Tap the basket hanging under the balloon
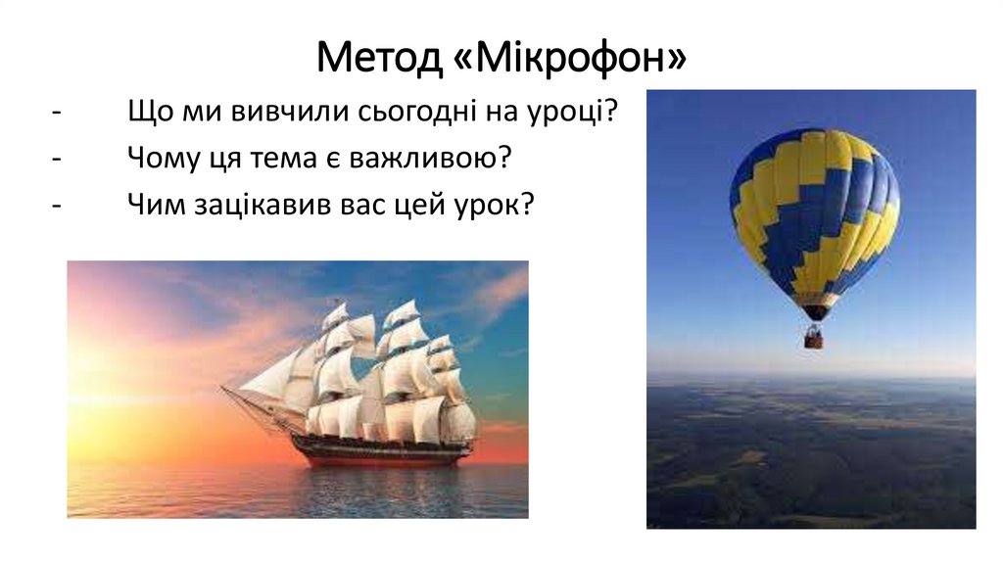pyautogui.click(x=813, y=338)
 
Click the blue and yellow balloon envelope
pyautogui.click(x=813, y=211)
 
